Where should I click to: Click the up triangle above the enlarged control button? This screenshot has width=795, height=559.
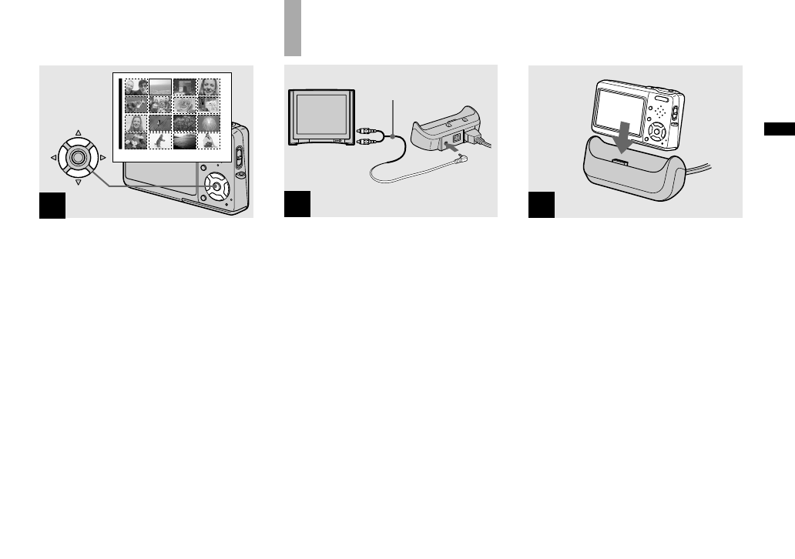click(78, 132)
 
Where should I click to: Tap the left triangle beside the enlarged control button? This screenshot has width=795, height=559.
click(52, 158)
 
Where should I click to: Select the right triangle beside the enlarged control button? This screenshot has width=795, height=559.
click(103, 158)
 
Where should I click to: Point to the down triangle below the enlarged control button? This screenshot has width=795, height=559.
click(78, 183)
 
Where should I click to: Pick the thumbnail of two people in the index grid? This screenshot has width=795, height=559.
click(136, 86)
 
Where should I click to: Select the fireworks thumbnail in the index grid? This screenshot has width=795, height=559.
click(210, 122)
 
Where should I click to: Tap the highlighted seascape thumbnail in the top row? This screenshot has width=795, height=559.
click(160, 86)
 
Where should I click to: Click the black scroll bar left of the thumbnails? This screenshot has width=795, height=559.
click(119, 113)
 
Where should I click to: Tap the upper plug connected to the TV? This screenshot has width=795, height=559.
click(365, 132)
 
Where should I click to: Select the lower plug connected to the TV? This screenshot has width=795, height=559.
click(365, 142)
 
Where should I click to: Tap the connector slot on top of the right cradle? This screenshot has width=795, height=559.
click(619, 160)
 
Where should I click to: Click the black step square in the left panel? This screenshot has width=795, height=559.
click(52, 205)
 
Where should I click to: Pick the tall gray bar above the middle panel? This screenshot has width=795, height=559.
click(292, 28)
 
